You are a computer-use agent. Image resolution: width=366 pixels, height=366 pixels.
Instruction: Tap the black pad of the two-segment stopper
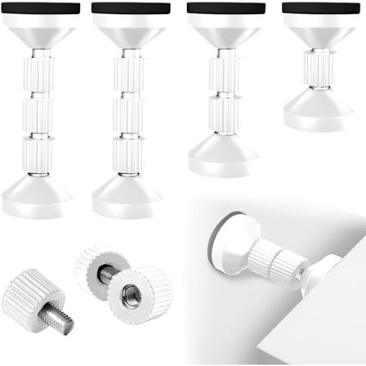click(x=225, y=7)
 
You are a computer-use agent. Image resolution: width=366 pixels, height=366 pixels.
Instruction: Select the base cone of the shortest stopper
click(x=319, y=109)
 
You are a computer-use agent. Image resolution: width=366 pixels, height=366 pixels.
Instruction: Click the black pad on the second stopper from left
click(x=132, y=7)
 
